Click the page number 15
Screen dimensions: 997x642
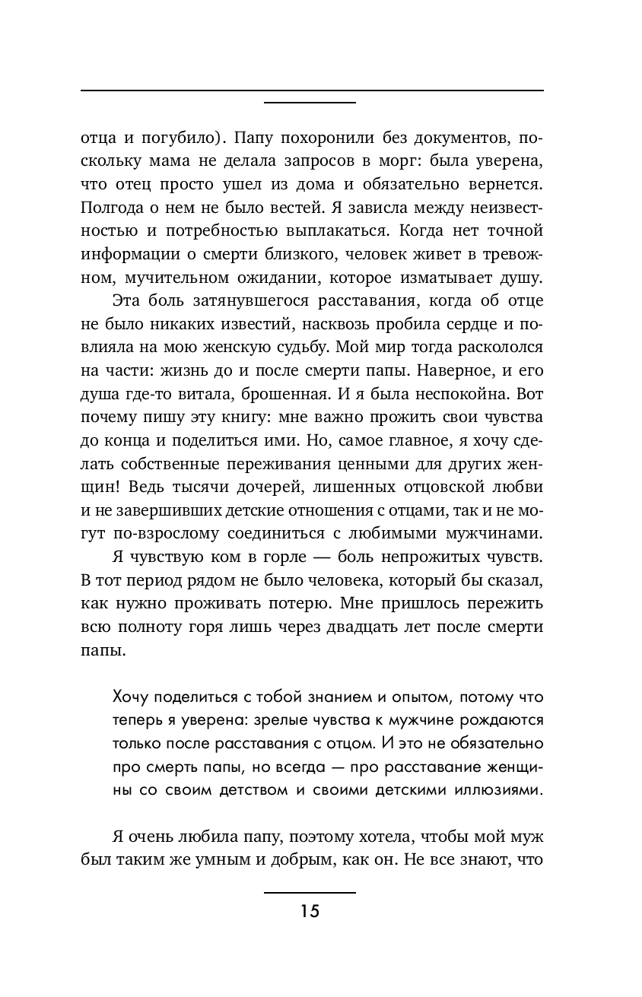(310, 911)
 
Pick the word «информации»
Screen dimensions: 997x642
(126, 252)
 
